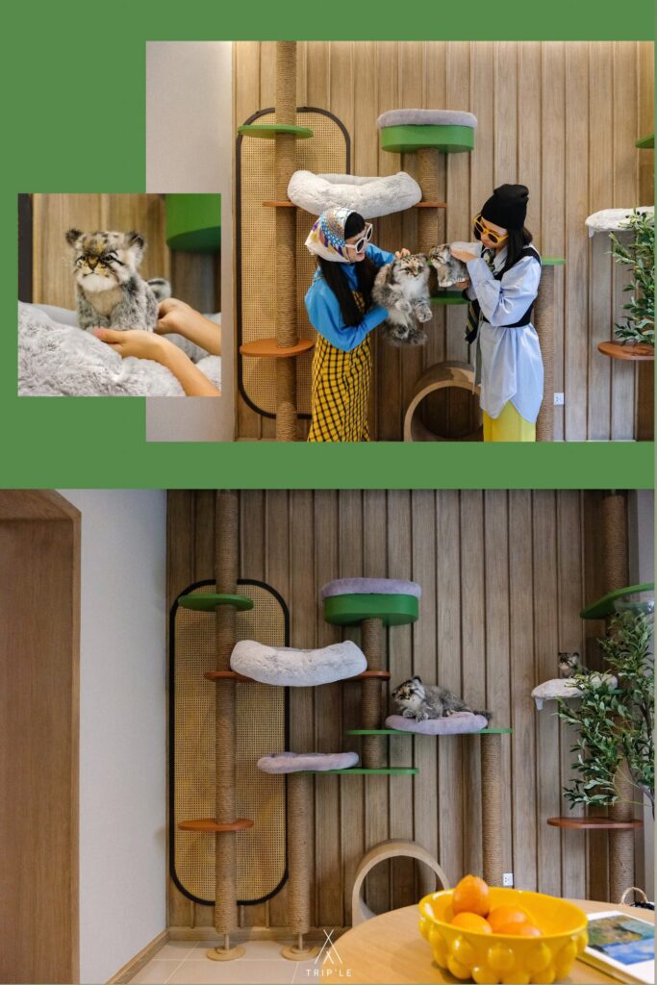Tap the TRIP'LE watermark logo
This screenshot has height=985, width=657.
(x=329, y=954)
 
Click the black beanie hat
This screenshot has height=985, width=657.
(x=506, y=207)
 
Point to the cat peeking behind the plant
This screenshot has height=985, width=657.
(x=569, y=664)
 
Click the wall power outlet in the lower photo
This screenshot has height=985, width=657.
(x=508, y=879)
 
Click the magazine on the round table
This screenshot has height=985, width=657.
(x=619, y=947)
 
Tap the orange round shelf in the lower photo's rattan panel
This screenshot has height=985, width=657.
(x=215, y=824)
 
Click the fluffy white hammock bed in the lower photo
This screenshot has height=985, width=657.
(x=298, y=663)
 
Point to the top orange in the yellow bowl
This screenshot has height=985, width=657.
(x=471, y=895)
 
